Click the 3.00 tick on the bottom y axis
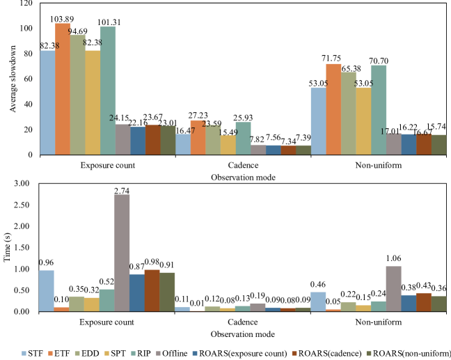point(25,183)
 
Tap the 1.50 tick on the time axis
point(25,248)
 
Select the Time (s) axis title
point(8,247)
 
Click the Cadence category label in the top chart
point(243,167)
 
